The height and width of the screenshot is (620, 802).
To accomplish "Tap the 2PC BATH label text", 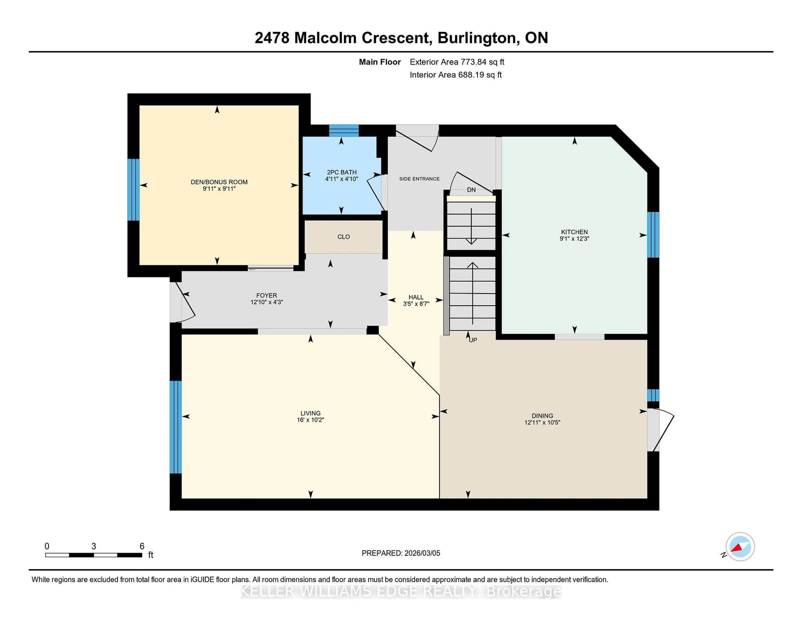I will point(341,172).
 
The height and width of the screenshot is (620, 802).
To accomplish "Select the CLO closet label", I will point(343,237).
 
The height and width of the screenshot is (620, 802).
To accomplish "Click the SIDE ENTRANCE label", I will point(419,179).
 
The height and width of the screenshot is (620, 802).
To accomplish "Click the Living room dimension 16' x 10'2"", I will point(310,420).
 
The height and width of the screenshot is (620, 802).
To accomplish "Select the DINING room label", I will point(542,416).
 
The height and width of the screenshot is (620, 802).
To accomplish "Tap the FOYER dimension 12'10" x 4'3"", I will point(266,302).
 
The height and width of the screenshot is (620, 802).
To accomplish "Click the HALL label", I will point(416,297).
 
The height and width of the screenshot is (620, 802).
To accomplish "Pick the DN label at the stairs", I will point(471,190).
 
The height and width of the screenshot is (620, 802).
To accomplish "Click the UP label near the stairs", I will point(473,340).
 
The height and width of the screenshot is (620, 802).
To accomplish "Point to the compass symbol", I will point(740,546).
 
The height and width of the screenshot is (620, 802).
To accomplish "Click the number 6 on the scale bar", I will point(142,546).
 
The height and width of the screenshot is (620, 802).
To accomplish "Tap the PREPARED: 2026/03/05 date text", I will point(401,553).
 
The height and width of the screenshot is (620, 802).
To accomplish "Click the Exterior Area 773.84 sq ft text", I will point(457,62).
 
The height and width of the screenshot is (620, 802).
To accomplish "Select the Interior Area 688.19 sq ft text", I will point(455,75).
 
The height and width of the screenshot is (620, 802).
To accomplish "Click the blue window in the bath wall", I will point(343,130).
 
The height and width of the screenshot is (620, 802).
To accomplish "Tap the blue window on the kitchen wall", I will point(653,235).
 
